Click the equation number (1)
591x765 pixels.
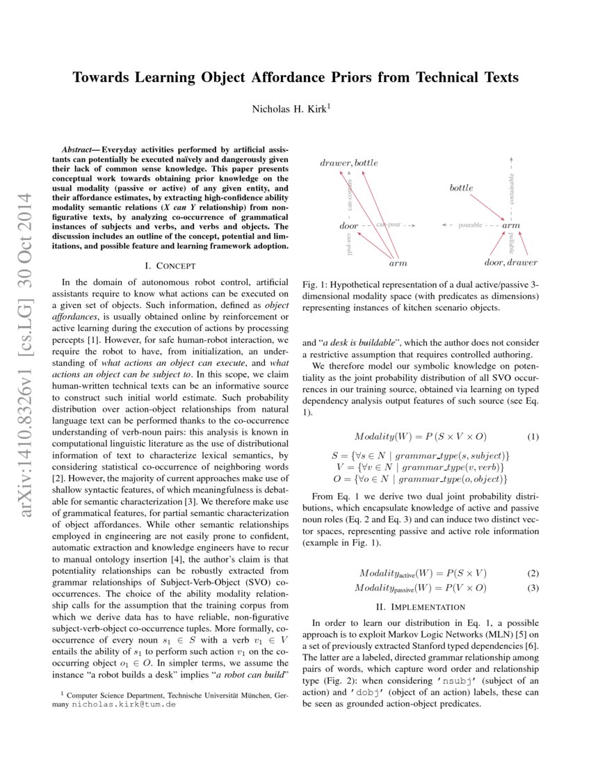point(533,437)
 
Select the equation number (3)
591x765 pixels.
point(533,588)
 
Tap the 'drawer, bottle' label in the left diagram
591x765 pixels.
point(348,163)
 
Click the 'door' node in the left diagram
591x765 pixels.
point(349,226)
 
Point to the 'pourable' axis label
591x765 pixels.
point(471,226)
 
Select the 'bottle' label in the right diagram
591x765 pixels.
point(461,188)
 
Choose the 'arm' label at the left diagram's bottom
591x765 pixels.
point(398,263)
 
